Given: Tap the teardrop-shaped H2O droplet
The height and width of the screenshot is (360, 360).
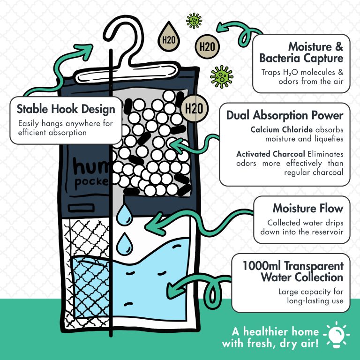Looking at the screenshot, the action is click(169, 37).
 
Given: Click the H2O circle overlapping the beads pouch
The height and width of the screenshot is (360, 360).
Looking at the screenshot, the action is click(195, 108).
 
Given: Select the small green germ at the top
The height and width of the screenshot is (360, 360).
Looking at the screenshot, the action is click(194, 21).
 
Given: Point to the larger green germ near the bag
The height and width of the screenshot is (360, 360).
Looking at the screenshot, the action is click(222, 77).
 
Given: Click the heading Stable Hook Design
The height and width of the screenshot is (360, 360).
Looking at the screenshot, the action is click(66, 109).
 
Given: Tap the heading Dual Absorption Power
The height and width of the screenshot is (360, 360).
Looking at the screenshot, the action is click(285, 115).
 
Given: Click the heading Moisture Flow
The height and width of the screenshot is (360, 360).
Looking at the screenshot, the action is click(308, 208).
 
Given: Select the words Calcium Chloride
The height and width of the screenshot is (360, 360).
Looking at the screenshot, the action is click(281, 129).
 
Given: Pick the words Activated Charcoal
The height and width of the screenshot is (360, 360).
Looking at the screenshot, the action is click(270, 154).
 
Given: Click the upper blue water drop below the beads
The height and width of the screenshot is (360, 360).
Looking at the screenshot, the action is click(124, 215).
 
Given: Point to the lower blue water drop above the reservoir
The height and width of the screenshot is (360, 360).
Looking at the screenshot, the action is click(124, 244).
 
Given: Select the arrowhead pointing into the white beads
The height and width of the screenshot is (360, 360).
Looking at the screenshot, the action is click(177, 146).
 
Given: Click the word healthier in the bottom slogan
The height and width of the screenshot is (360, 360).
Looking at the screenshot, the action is click(281, 331).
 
